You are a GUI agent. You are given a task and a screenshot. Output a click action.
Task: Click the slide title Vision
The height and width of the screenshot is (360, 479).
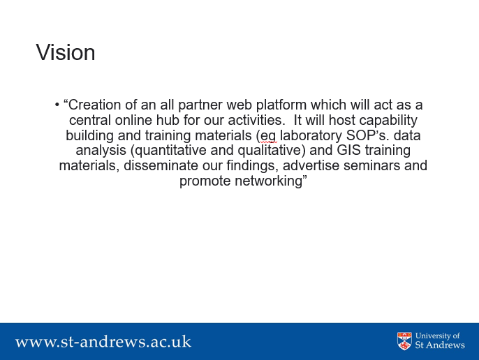(x=66, y=52)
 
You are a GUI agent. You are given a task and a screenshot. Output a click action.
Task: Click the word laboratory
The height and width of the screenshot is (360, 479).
(x=311, y=136)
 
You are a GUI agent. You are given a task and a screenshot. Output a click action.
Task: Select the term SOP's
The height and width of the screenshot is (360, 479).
(x=368, y=135)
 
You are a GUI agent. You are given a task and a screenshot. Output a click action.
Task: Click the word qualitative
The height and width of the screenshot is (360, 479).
(x=270, y=151)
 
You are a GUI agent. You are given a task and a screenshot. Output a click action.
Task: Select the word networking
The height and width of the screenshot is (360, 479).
(x=268, y=181)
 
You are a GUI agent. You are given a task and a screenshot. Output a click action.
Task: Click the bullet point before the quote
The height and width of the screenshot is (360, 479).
(x=57, y=105)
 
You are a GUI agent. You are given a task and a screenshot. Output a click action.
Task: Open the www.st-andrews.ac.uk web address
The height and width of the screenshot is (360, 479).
(x=103, y=342)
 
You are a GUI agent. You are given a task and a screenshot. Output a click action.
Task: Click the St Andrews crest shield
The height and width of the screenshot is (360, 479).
(x=404, y=341)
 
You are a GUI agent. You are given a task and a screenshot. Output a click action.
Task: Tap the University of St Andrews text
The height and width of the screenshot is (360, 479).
(x=440, y=340)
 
